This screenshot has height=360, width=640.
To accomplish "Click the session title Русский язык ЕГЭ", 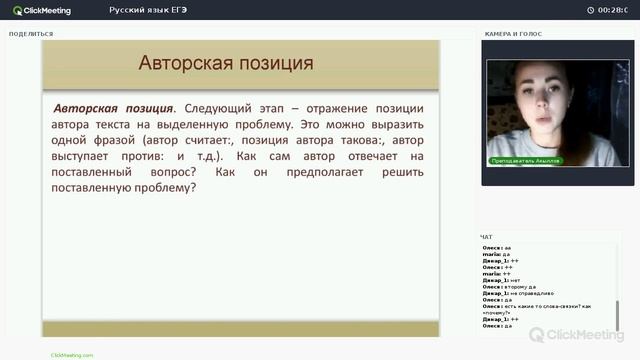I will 149,10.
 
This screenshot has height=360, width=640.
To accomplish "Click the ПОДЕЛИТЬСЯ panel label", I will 31,34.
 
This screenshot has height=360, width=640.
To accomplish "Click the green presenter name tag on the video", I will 526,160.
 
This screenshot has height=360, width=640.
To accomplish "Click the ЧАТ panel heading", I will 487,237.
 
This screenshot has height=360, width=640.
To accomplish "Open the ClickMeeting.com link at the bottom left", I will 72,355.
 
